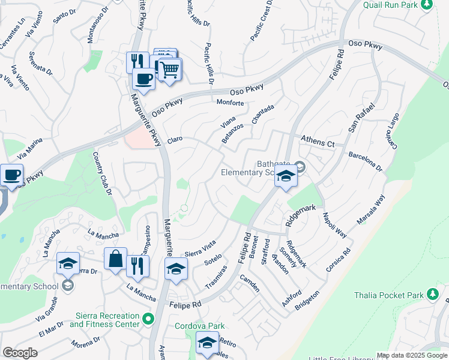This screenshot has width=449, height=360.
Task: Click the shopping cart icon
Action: click(169, 70)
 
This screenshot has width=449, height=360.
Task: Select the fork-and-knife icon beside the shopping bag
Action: click(137, 266)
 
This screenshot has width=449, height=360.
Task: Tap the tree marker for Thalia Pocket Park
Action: click(432, 295)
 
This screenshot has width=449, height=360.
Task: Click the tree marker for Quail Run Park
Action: click(427, 5)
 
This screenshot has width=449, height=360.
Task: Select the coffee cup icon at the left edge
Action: click(12, 175)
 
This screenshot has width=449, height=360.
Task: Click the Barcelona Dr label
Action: click(365, 161)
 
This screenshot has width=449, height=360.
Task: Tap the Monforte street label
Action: click(230, 103)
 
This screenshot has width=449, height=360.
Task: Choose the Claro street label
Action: click(174, 139)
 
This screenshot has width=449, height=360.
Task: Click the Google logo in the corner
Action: click(20, 353)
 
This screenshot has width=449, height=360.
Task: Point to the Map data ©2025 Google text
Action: click(411, 355)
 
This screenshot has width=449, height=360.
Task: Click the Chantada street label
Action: click(263, 114)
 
